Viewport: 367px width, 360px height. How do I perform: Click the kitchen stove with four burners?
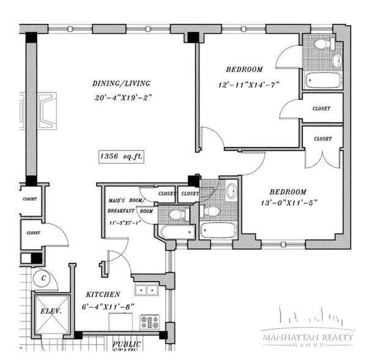[x=148, y=321]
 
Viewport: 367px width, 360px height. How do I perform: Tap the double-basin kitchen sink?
[x=147, y=290]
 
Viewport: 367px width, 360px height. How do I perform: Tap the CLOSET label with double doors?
[x=323, y=139]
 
